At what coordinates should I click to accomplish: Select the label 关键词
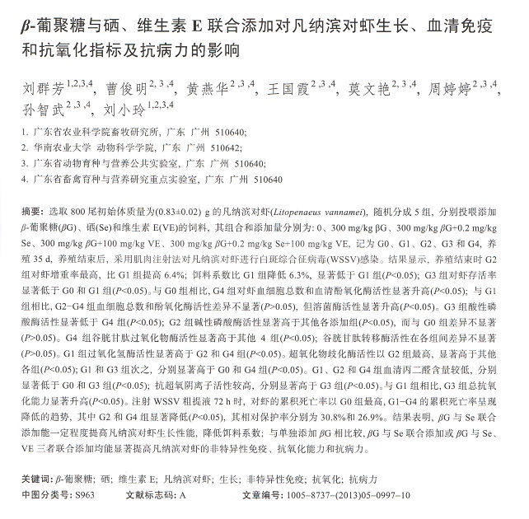pos(33,478)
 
